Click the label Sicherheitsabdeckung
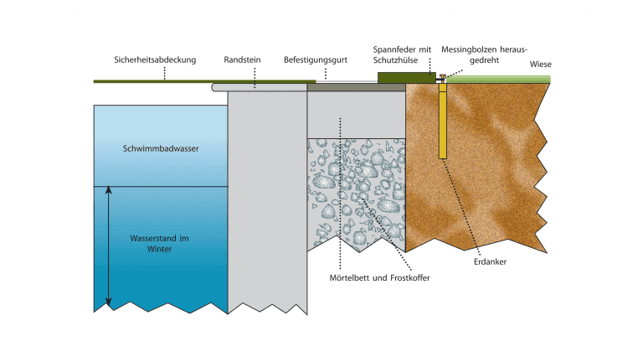coord(154,59)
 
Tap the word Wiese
coord(541,65)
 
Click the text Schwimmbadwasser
coord(161,149)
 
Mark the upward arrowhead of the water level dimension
coord(109,190)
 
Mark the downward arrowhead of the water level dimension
coord(109,303)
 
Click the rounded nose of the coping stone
coord(216,85)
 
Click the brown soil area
coord(486,168)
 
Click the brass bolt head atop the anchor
coord(443,78)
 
